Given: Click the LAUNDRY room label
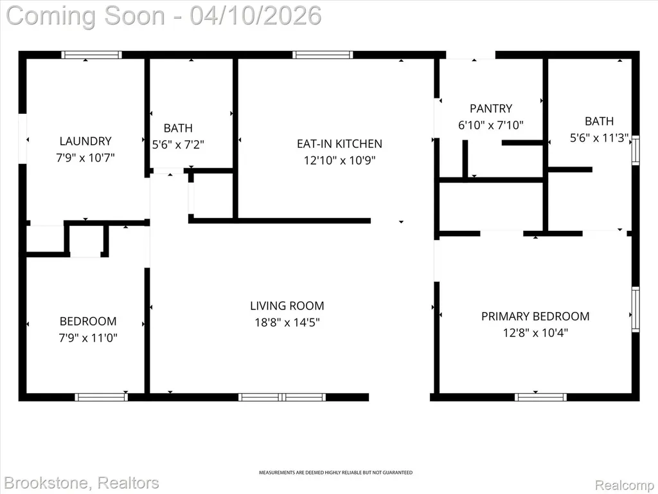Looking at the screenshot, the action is tap(85, 141).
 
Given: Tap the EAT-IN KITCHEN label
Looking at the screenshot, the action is tap(339, 143).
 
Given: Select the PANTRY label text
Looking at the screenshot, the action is tap(491, 108).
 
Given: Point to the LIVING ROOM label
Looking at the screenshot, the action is tap(287, 306).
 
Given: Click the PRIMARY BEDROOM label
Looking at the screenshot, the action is tap(535, 316).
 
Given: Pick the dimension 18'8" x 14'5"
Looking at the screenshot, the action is tap(287, 323).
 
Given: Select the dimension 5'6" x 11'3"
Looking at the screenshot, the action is tap(599, 138).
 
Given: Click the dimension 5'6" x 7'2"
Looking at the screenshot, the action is tap(178, 145).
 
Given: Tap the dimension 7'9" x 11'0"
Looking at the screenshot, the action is tap(87, 338).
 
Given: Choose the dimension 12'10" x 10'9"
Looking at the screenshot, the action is tap(339, 160).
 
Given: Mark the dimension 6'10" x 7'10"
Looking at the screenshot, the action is tap(491, 125).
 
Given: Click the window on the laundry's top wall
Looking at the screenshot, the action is tap(91, 55).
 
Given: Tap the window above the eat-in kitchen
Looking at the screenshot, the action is tap(323, 55).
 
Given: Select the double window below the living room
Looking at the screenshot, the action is tap(282, 397).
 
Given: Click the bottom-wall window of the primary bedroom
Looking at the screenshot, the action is tap(540, 397).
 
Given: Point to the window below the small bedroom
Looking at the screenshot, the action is tap(101, 397).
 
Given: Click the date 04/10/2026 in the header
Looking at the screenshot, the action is tap(256, 15).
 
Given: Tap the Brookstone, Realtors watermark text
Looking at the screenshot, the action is tap(82, 483).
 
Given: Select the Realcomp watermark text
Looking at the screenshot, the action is tap(624, 485).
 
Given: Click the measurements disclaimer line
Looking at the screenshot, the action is tap(335, 473).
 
